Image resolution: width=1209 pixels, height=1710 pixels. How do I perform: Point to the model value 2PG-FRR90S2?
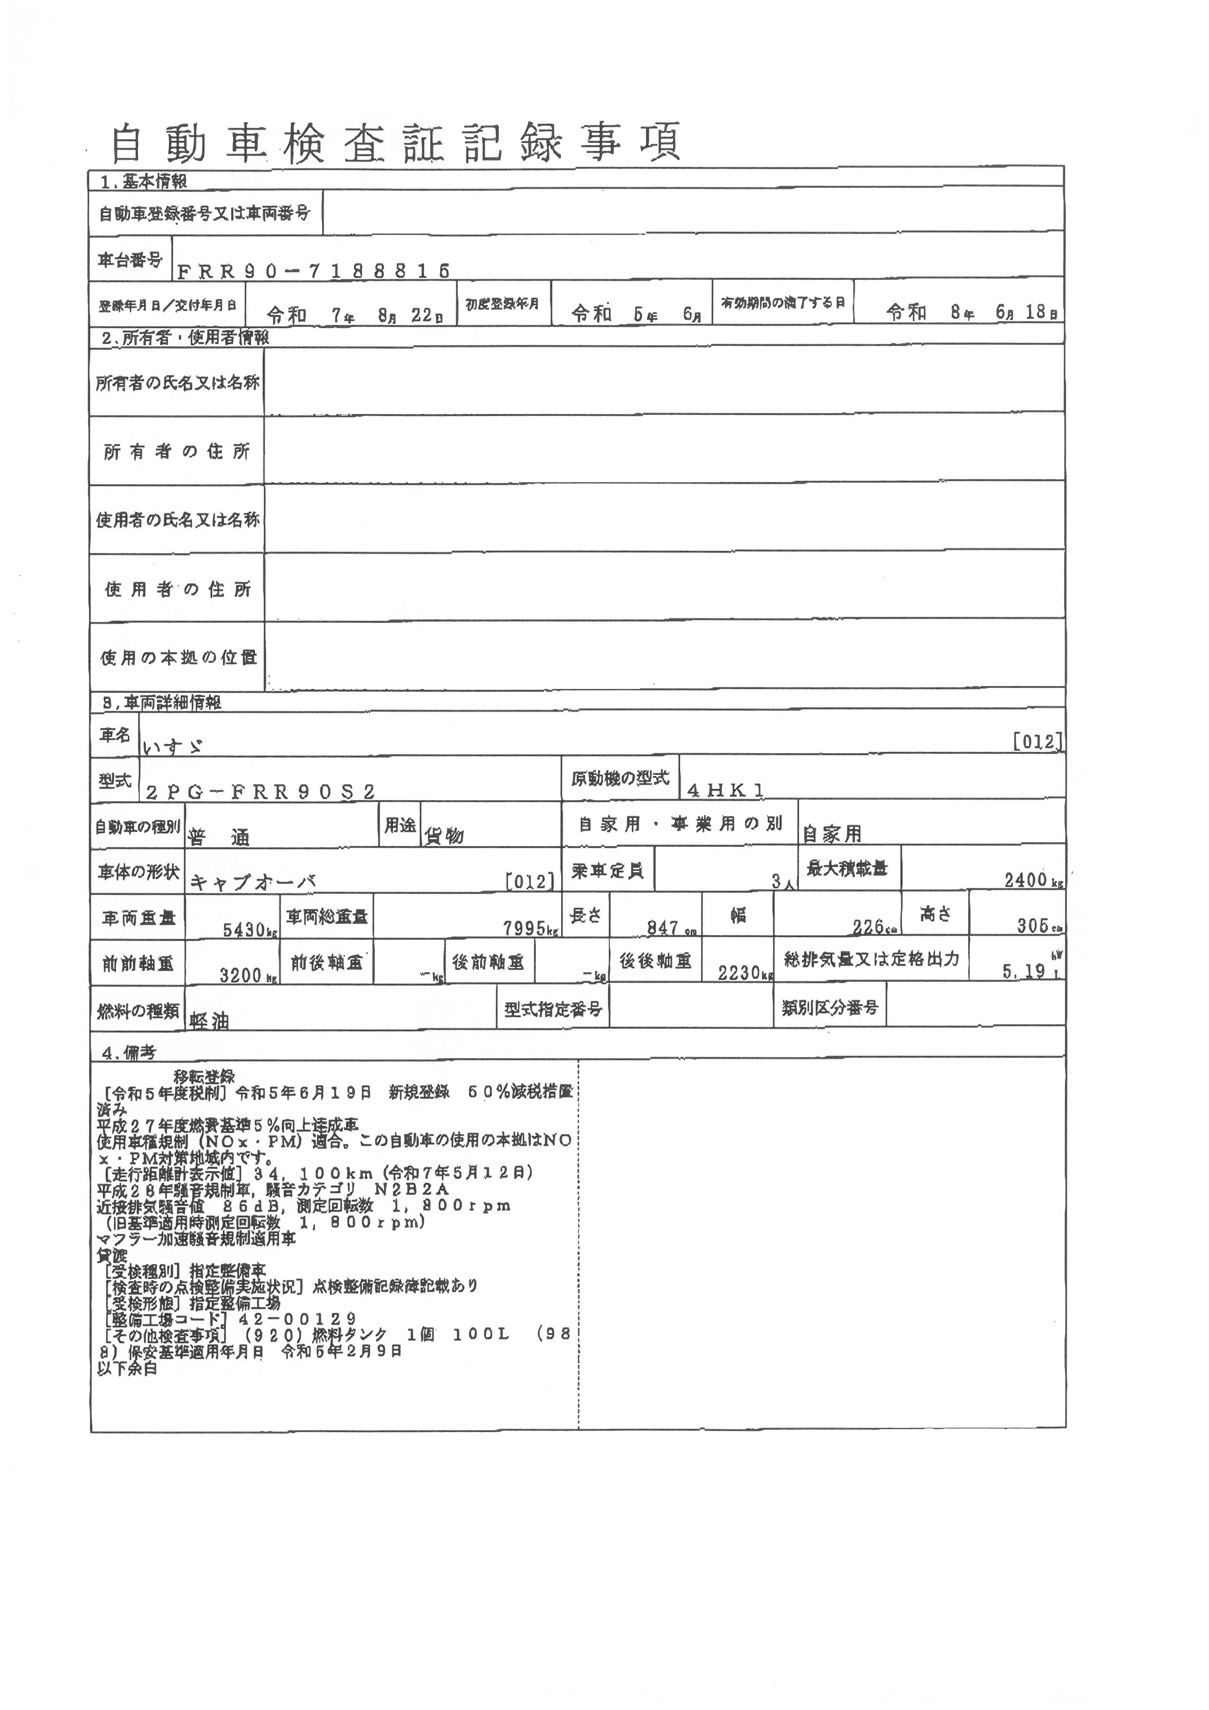coord(260,792)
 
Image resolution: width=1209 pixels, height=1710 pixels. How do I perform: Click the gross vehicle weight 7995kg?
coord(530,928)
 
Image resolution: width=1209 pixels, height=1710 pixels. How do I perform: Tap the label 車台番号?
coord(130,260)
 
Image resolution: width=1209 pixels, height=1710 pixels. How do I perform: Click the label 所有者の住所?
coord(176,452)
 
